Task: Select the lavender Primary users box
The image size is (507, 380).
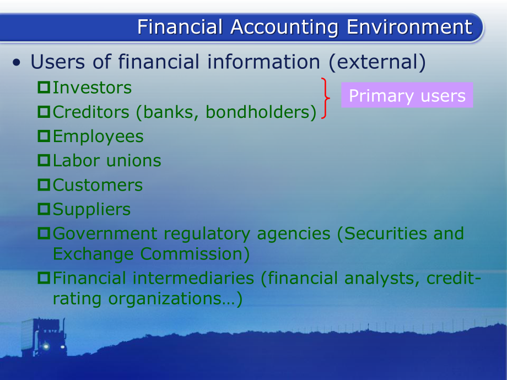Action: click(x=407, y=95)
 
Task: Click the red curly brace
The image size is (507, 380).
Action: click(x=326, y=99)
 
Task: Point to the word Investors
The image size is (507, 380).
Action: click(x=92, y=88)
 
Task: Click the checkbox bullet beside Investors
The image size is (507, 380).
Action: click(x=44, y=88)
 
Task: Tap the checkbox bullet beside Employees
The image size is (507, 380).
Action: click(x=44, y=136)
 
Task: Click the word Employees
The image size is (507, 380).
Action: click(x=98, y=136)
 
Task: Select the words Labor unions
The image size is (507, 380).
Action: click(x=107, y=160)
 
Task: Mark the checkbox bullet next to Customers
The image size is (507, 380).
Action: click(x=44, y=185)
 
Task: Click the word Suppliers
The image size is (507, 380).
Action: click(x=92, y=209)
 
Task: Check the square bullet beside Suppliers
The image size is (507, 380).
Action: click(x=44, y=209)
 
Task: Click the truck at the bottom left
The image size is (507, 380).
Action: click(x=44, y=337)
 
